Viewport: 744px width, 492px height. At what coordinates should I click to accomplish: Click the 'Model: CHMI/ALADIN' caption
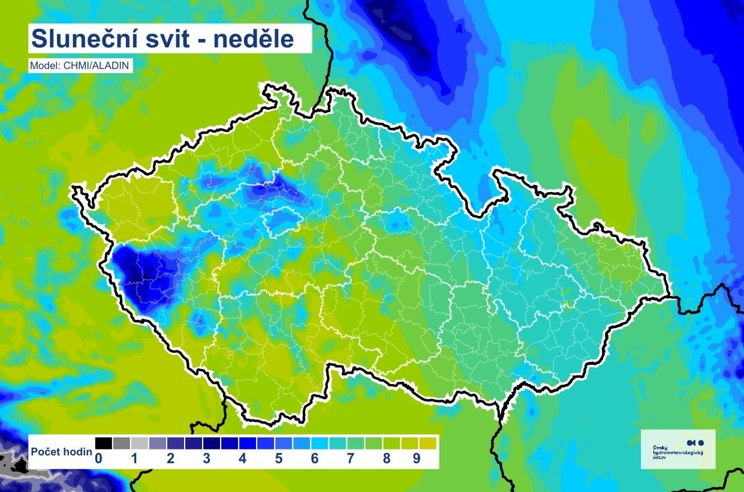click(x=80, y=66)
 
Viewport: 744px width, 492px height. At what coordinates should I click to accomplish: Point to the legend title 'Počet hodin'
click(x=61, y=452)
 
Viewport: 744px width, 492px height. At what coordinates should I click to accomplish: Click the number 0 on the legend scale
click(x=98, y=459)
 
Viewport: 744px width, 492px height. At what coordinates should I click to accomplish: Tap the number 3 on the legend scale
click(x=206, y=459)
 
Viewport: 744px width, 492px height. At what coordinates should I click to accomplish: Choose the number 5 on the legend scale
click(x=279, y=459)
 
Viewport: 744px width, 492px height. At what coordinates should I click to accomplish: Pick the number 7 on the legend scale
click(x=351, y=459)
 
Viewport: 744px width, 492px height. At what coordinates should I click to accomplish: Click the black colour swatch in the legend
click(x=103, y=443)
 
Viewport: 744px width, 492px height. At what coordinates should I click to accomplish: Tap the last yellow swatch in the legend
click(x=427, y=443)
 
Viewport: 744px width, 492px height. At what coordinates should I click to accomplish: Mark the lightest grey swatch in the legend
click(x=139, y=443)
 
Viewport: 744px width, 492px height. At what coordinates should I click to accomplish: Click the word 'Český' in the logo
click(x=659, y=448)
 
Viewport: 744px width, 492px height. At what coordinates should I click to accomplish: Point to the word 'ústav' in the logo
click(x=659, y=457)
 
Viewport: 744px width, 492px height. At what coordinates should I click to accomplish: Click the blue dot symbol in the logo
click(x=701, y=442)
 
